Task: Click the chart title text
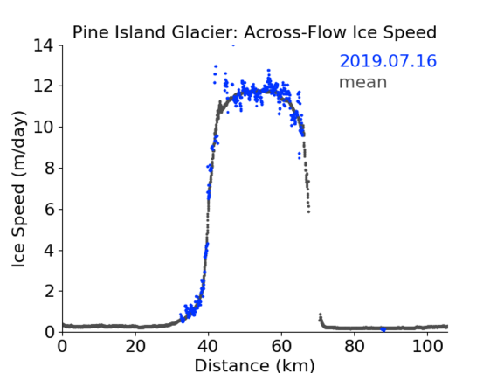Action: click(254, 32)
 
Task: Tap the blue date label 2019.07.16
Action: click(388, 61)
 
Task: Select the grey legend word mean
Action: click(363, 83)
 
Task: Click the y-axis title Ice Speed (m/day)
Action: click(18, 190)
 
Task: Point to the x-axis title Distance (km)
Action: click(254, 365)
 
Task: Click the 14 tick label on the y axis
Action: click(44, 45)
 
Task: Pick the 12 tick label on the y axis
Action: click(44, 86)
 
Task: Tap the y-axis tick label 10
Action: click(44, 127)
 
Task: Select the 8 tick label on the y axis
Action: click(49, 168)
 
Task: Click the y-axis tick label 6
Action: click(49, 209)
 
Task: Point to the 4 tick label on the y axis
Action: click(49, 251)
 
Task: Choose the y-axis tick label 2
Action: click(49, 291)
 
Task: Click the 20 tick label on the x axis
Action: click(135, 346)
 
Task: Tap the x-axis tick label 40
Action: click(208, 346)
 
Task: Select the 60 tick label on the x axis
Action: click(281, 346)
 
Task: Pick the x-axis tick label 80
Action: click(355, 346)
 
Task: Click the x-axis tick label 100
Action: click(427, 346)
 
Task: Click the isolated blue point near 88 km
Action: click(383, 329)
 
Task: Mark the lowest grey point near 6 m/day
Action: click(308, 211)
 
